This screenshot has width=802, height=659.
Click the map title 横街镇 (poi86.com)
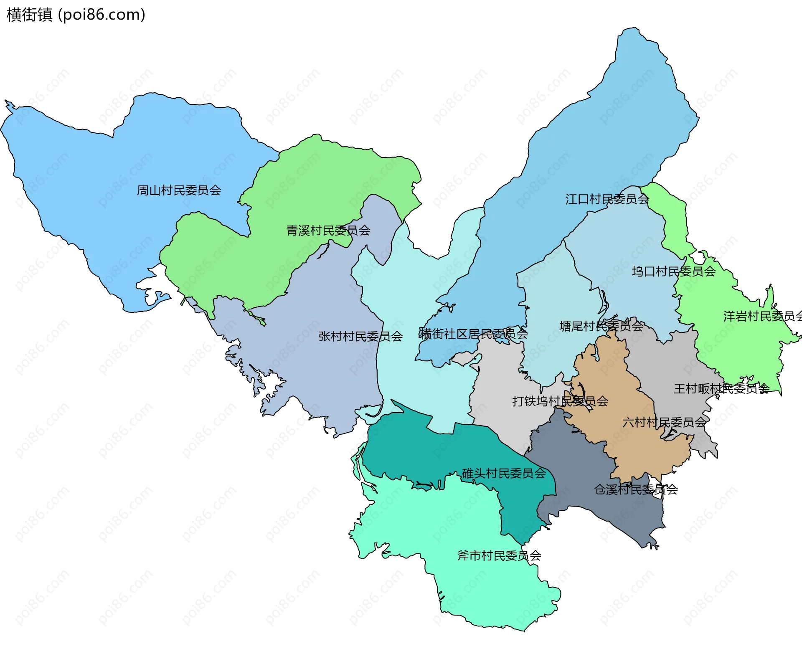76,15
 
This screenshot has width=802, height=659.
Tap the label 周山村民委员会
179,190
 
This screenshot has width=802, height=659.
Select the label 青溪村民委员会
328,231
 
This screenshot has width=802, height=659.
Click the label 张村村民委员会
360,337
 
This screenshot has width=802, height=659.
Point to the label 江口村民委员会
607,199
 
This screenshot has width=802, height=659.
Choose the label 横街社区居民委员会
474,334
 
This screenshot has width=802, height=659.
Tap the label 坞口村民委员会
673,272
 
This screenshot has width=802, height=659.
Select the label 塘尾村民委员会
601,326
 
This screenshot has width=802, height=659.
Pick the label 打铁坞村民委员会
560,401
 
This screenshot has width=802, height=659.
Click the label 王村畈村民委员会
721,389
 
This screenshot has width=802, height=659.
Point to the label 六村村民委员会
664,423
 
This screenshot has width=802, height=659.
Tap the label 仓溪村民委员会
635,489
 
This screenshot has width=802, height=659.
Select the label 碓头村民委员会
504,474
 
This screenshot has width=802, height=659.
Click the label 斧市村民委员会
499,556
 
